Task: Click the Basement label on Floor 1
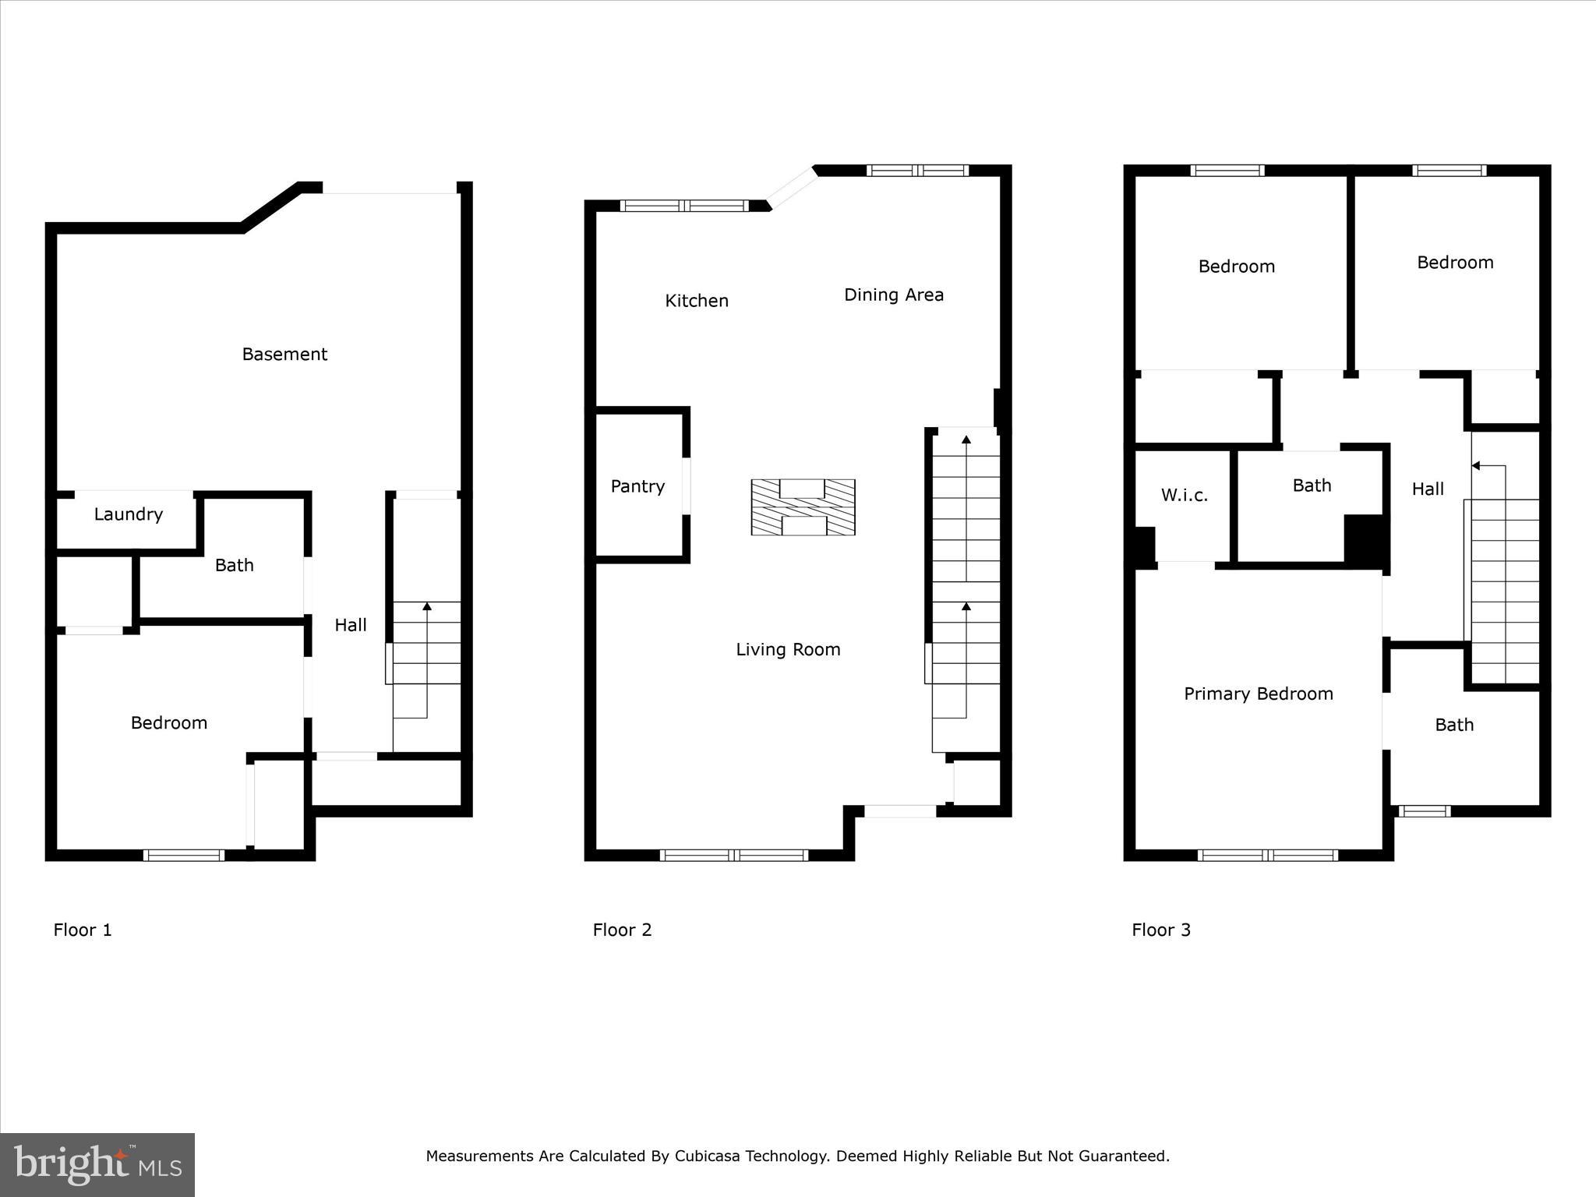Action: (x=284, y=355)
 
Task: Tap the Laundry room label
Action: (x=129, y=514)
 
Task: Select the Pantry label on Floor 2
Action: (x=637, y=486)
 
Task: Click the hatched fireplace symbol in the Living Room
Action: (x=803, y=507)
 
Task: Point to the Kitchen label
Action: (x=697, y=301)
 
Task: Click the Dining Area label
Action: (x=894, y=295)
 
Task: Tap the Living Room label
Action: (x=788, y=649)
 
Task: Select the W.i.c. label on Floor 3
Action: (x=1184, y=495)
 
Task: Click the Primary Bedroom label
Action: (x=1258, y=694)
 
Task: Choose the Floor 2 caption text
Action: (x=622, y=930)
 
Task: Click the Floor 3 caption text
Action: (x=1161, y=930)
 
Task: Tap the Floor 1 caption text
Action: (x=83, y=930)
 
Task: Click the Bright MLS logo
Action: (x=97, y=1164)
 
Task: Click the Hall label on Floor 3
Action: (x=1428, y=489)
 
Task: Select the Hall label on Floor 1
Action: (x=351, y=625)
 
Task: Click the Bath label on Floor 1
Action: (x=235, y=566)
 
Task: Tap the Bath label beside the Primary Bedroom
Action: (x=1454, y=725)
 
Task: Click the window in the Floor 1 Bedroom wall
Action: (x=184, y=855)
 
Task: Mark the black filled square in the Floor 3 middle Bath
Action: (x=1365, y=539)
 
